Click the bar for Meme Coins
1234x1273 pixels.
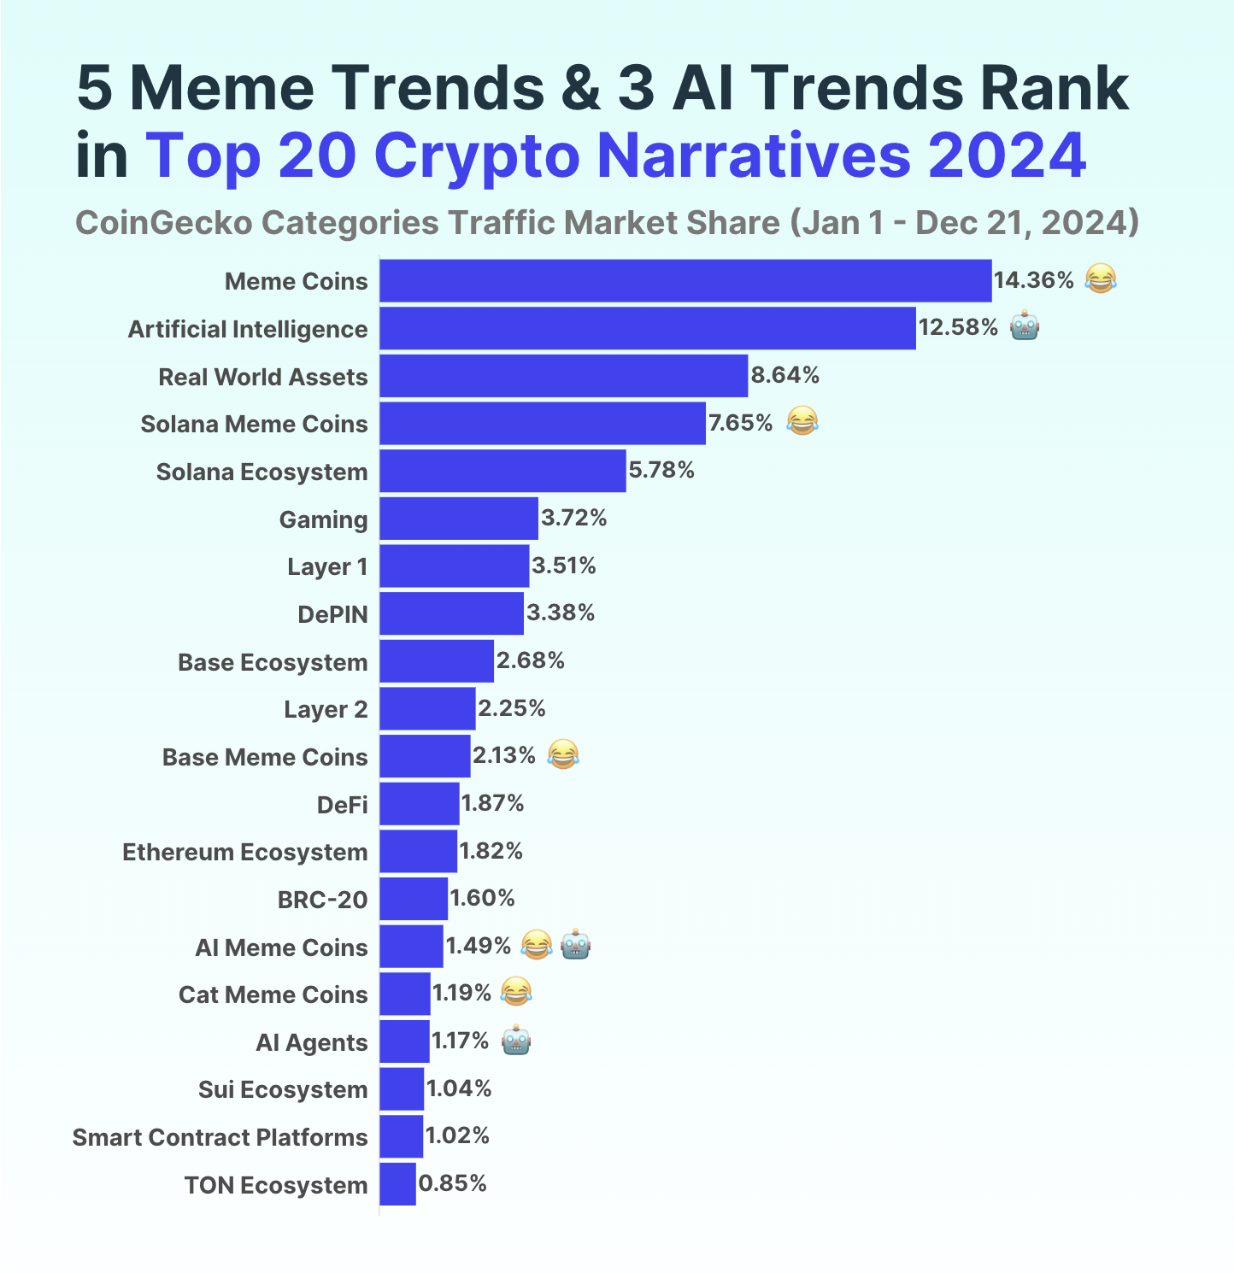coord(685,281)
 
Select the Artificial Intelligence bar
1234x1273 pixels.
coord(648,329)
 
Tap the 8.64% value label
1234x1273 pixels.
coord(784,375)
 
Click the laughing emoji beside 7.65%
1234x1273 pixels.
coord(802,422)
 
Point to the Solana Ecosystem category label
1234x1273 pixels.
coord(261,472)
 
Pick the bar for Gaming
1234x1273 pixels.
coord(459,519)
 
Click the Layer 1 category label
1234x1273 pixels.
coord(327,567)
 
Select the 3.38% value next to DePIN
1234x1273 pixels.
coord(561,613)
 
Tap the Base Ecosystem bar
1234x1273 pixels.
coord(437,661)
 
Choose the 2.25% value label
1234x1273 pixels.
coord(511,708)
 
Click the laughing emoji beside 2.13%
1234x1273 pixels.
coord(562,755)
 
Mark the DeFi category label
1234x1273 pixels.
coord(342,805)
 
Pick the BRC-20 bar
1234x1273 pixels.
coord(414,899)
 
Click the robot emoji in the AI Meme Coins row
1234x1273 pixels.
coord(576,945)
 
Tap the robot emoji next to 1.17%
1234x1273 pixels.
coord(516,1041)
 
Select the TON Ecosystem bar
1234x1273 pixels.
coord(397,1184)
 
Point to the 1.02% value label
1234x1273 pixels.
coord(457,1135)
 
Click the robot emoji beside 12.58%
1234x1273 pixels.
coord(1025,327)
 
